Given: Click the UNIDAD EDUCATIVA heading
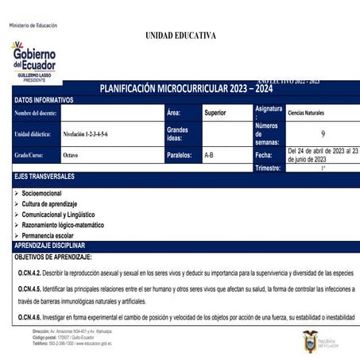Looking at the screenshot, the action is coord(181,36).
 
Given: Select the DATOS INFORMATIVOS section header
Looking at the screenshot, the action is coord(45,100).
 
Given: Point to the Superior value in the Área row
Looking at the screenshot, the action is coord(215,113).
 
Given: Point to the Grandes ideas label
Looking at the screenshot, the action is coord(177,134).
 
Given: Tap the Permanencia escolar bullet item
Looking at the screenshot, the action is coord(53,236).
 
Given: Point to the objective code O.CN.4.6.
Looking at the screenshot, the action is coord(29,317).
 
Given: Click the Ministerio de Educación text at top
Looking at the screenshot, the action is coord(33,25).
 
